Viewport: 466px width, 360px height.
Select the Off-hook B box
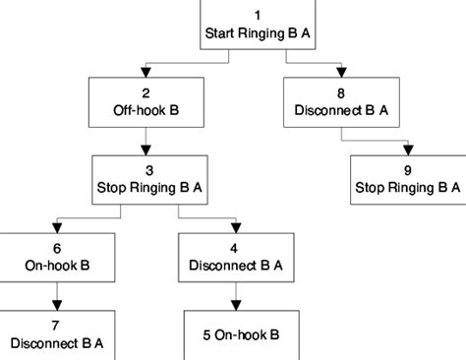tap(146, 102)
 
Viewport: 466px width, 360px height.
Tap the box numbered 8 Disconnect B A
tap(341, 102)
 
